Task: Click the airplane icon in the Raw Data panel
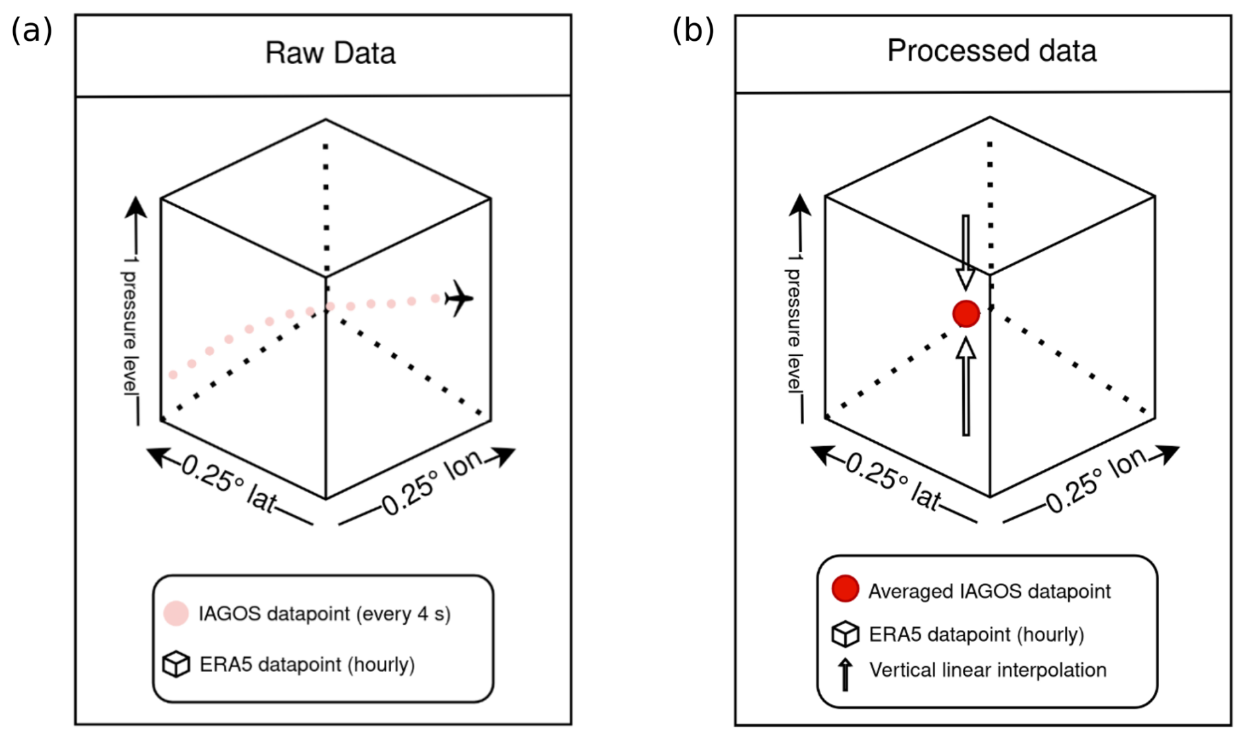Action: (x=459, y=299)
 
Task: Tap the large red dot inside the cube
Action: (x=966, y=314)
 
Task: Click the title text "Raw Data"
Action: (x=330, y=53)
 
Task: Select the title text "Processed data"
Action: (x=992, y=51)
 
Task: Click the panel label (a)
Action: (x=32, y=30)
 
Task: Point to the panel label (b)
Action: (x=693, y=30)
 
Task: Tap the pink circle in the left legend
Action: (x=176, y=613)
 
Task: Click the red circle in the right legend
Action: (x=845, y=588)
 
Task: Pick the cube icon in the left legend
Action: (x=176, y=664)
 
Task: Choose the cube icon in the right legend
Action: (x=845, y=634)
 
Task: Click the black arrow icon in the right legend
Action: (x=845, y=673)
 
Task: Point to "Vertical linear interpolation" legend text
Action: (x=988, y=670)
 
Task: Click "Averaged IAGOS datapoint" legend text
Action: (x=989, y=591)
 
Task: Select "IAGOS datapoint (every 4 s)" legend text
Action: (x=325, y=614)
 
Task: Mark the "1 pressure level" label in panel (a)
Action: (x=130, y=326)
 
